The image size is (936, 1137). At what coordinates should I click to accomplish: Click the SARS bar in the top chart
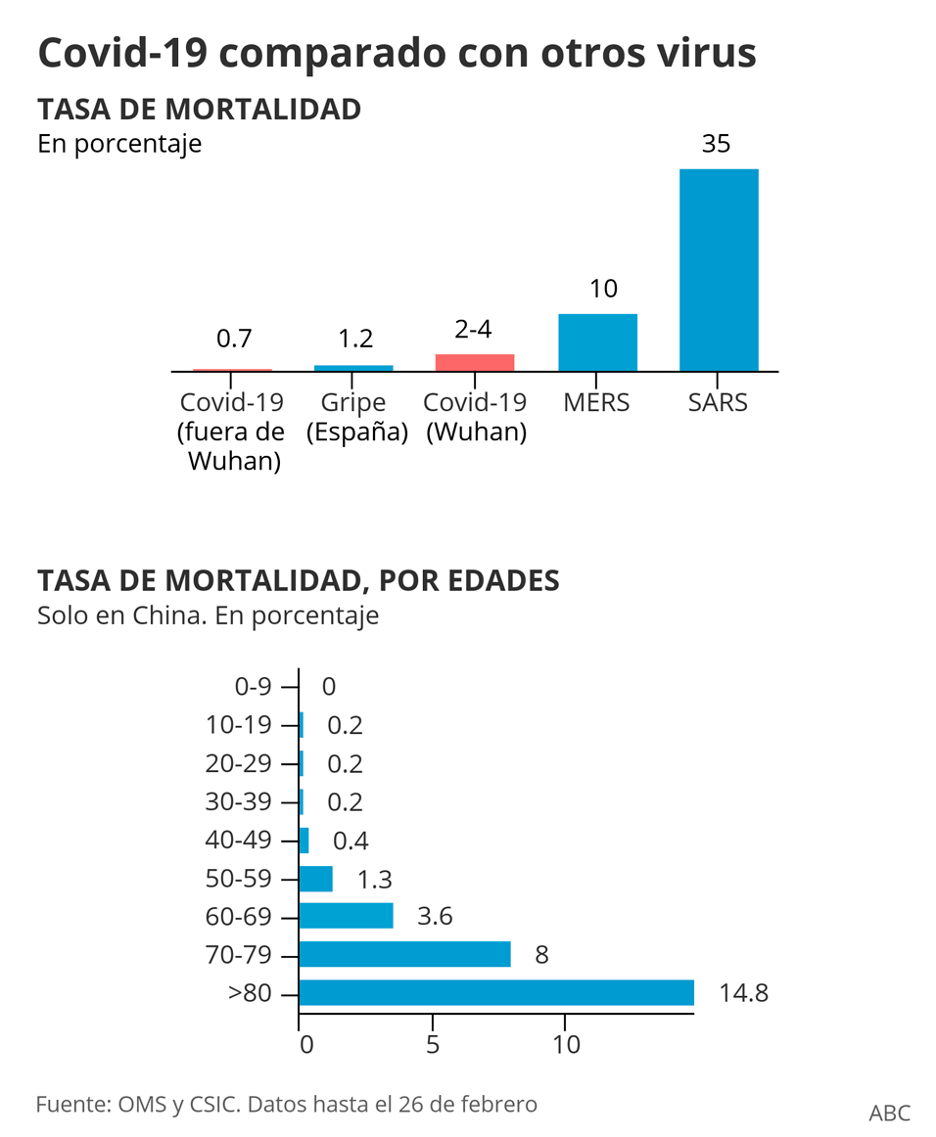(719, 270)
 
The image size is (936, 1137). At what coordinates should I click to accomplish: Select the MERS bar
(597, 342)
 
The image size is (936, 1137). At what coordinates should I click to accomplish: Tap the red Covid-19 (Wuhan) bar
(475, 362)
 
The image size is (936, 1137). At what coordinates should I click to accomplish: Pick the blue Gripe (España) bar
(353, 368)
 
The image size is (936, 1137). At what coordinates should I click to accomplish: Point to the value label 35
(717, 144)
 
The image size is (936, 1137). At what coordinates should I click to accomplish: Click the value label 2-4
(474, 330)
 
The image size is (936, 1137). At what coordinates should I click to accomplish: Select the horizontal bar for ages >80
(496, 992)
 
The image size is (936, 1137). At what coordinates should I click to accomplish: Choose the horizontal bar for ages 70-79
(404, 954)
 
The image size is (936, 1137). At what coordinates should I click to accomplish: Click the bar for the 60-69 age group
(346, 916)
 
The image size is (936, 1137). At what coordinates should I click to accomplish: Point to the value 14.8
(743, 993)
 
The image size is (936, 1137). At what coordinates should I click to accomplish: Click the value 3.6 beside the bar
(435, 917)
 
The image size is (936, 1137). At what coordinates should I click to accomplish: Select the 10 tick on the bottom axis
(566, 1044)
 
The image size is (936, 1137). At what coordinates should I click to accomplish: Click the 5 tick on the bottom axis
(432, 1044)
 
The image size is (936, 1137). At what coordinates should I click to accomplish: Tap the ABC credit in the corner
(889, 1112)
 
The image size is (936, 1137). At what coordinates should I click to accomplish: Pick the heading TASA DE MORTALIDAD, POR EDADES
(299, 580)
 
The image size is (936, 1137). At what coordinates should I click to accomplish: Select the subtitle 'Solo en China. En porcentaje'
(208, 616)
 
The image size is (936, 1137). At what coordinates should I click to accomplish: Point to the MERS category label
(596, 402)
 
